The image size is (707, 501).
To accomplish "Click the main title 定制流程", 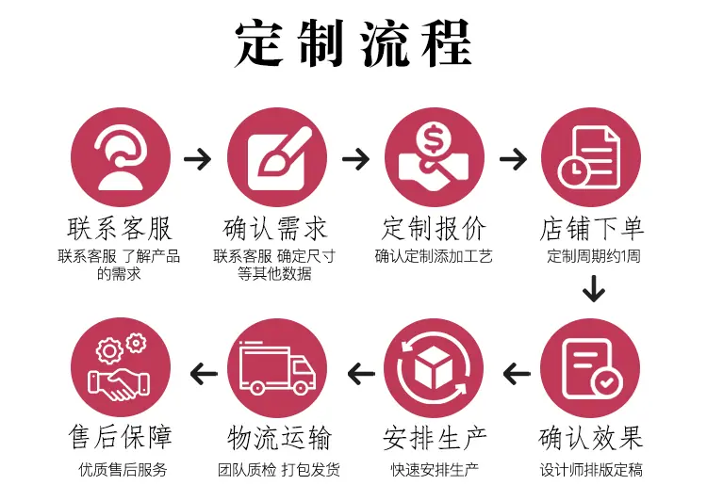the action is [x=353, y=43].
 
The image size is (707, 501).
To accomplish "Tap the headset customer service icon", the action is [x=121, y=157].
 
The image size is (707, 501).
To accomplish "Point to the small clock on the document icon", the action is [x=573, y=170].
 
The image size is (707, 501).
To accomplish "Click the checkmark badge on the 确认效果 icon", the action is [x=606, y=383].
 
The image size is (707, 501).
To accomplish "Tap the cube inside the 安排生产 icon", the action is [x=434, y=367].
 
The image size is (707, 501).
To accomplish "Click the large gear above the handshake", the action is [x=109, y=350].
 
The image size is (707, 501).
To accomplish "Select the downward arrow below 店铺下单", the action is [x=593, y=289].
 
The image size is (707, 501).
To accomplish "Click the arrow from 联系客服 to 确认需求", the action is [x=198, y=158].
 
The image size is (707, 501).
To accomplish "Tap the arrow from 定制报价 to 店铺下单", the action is [x=513, y=158].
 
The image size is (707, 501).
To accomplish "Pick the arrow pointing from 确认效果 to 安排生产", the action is [x=517, y=374].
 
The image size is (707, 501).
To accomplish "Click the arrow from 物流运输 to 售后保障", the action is [x=204, y=374].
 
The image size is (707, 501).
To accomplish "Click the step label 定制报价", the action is [x=434, y=229].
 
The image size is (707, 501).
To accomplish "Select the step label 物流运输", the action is [x=279, y=438].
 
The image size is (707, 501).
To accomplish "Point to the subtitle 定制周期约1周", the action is [x=593, y=256].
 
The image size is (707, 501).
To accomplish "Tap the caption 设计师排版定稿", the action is [x=591, y=470].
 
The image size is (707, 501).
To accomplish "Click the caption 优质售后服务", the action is [x=123, y=470].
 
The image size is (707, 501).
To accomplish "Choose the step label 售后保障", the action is [x=121, y=437].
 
